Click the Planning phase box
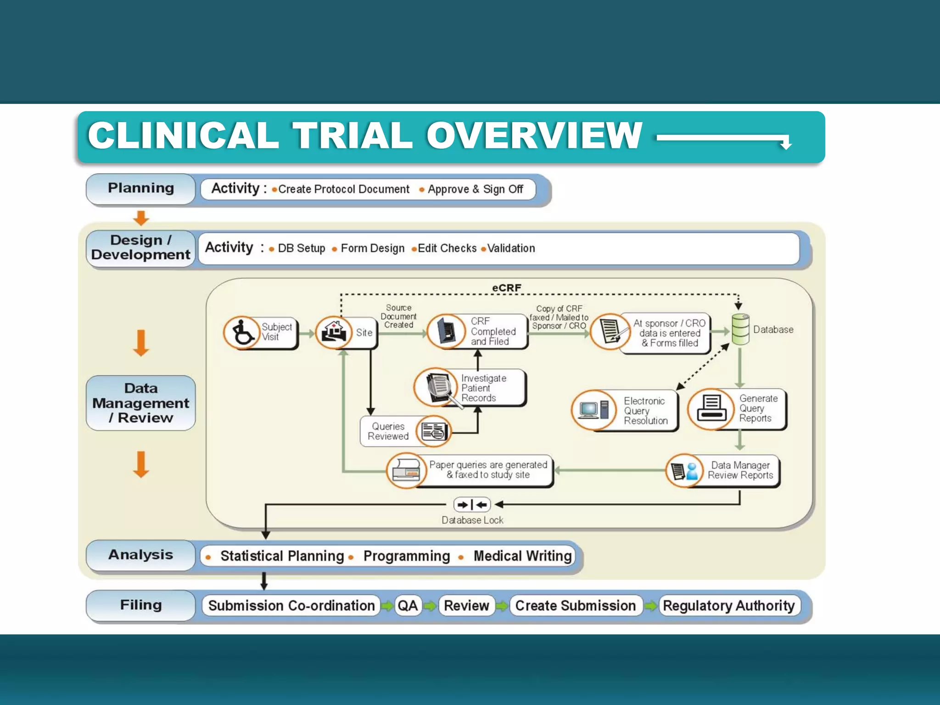pos(140,189)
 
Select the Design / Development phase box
pos(140,247)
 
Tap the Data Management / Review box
pos(140,403)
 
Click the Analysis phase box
pos(140,555)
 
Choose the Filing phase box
pos(140,605)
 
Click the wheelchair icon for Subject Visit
pos(242,332)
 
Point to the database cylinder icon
pos(740,329)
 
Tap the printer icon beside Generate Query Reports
pos(711,409)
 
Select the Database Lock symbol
pos(472,505)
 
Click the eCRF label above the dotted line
pos(506,288)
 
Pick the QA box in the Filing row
pos(408,605)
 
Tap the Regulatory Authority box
pos(729,605)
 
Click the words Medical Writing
pos(522,556)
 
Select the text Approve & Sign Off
pos(475,189)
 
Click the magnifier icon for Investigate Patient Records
pos(438,388)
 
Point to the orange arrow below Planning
pos(141,218)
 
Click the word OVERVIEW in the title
pos(534,135)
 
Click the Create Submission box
pos(575,605)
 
